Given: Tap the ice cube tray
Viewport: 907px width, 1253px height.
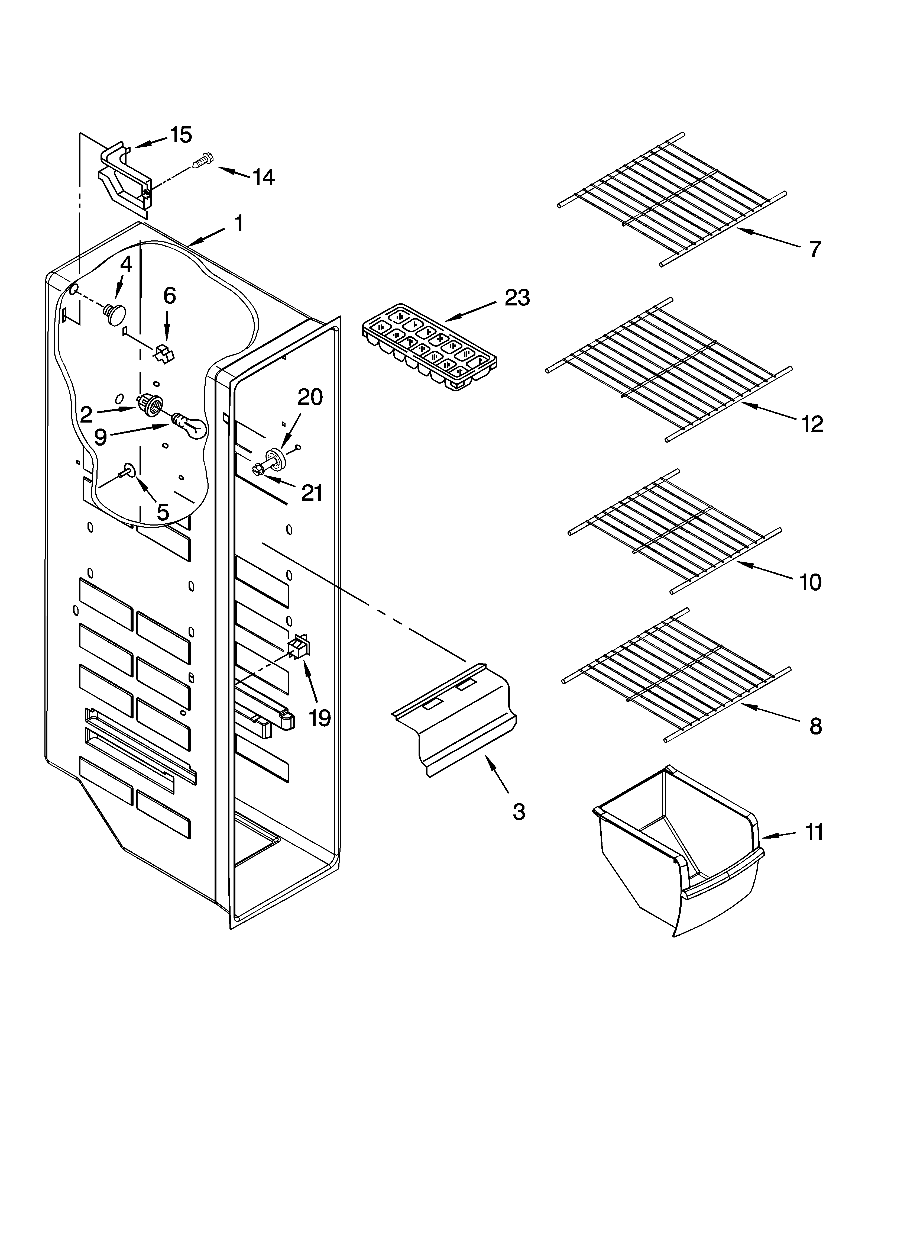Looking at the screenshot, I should pyautogui.click(x=429, y=347).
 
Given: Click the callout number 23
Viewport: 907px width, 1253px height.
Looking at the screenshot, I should pyautogui.click(x=517, y=298).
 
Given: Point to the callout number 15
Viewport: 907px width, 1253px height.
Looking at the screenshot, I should pyautogui.click(x=181, y=134).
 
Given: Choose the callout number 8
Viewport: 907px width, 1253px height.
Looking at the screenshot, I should pyautogui.click(x=815, y=726).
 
